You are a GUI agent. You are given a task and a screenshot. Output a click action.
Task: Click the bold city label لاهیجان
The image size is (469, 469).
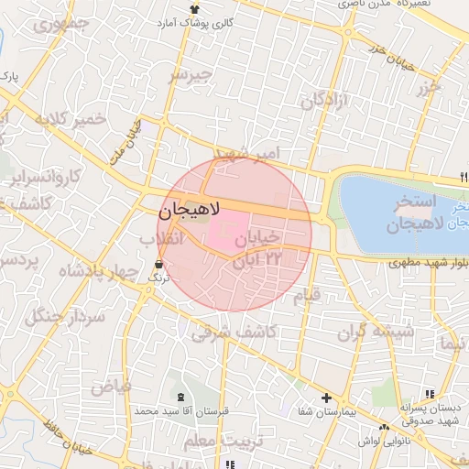point(191,210)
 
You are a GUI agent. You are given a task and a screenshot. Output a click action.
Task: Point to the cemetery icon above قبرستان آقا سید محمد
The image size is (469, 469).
point(180,398)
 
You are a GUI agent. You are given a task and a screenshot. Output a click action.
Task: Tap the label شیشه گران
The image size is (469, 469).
point(381,330)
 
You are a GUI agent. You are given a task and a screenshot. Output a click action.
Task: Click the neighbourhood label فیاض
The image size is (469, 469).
point(111,387)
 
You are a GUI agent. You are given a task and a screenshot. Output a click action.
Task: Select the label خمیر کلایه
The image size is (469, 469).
point(77,120)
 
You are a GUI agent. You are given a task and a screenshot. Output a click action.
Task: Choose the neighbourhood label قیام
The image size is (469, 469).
point(305,296)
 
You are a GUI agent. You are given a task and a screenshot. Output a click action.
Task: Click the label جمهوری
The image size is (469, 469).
point(63,24)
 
